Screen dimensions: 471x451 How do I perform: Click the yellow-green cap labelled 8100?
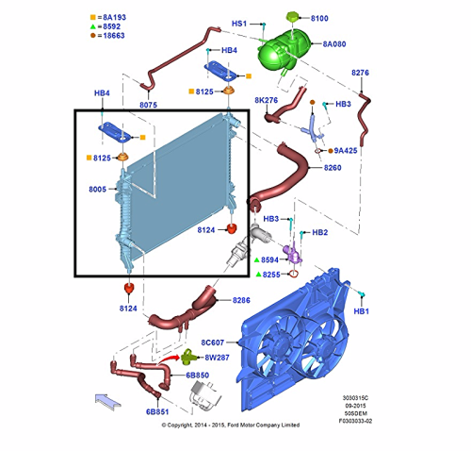tap(293, 17)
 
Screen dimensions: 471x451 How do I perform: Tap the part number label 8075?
tap(148, 105)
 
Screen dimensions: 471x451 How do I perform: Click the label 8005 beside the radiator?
tap(97, 190)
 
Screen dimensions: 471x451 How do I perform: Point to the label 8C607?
tap(213, 342)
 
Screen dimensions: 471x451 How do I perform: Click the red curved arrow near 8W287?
tap(170, 359)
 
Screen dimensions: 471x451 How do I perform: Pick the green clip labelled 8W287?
tap(189, 357)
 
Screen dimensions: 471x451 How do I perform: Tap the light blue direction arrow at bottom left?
tap(107, 401)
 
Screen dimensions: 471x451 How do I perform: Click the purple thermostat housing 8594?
tap(293, 254)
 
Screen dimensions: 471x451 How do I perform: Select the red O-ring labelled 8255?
tap(293, 274)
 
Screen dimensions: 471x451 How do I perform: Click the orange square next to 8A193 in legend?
tap(93, 17)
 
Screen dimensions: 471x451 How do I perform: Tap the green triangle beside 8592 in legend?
tap(93, 26)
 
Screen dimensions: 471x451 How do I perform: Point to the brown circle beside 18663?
tap(93, 35)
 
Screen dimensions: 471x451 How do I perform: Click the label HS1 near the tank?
tap(239, 24)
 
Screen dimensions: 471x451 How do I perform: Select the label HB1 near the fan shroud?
tap(361, 311)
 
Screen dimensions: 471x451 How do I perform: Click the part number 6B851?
tap(157, 411)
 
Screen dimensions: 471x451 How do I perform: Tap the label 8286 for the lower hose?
tap(241, 300)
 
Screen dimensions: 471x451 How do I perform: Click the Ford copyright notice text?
tap(231, 426)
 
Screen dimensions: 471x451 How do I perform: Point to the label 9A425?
tap(346, 151)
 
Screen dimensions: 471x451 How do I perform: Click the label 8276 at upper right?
tap(360, 73)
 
